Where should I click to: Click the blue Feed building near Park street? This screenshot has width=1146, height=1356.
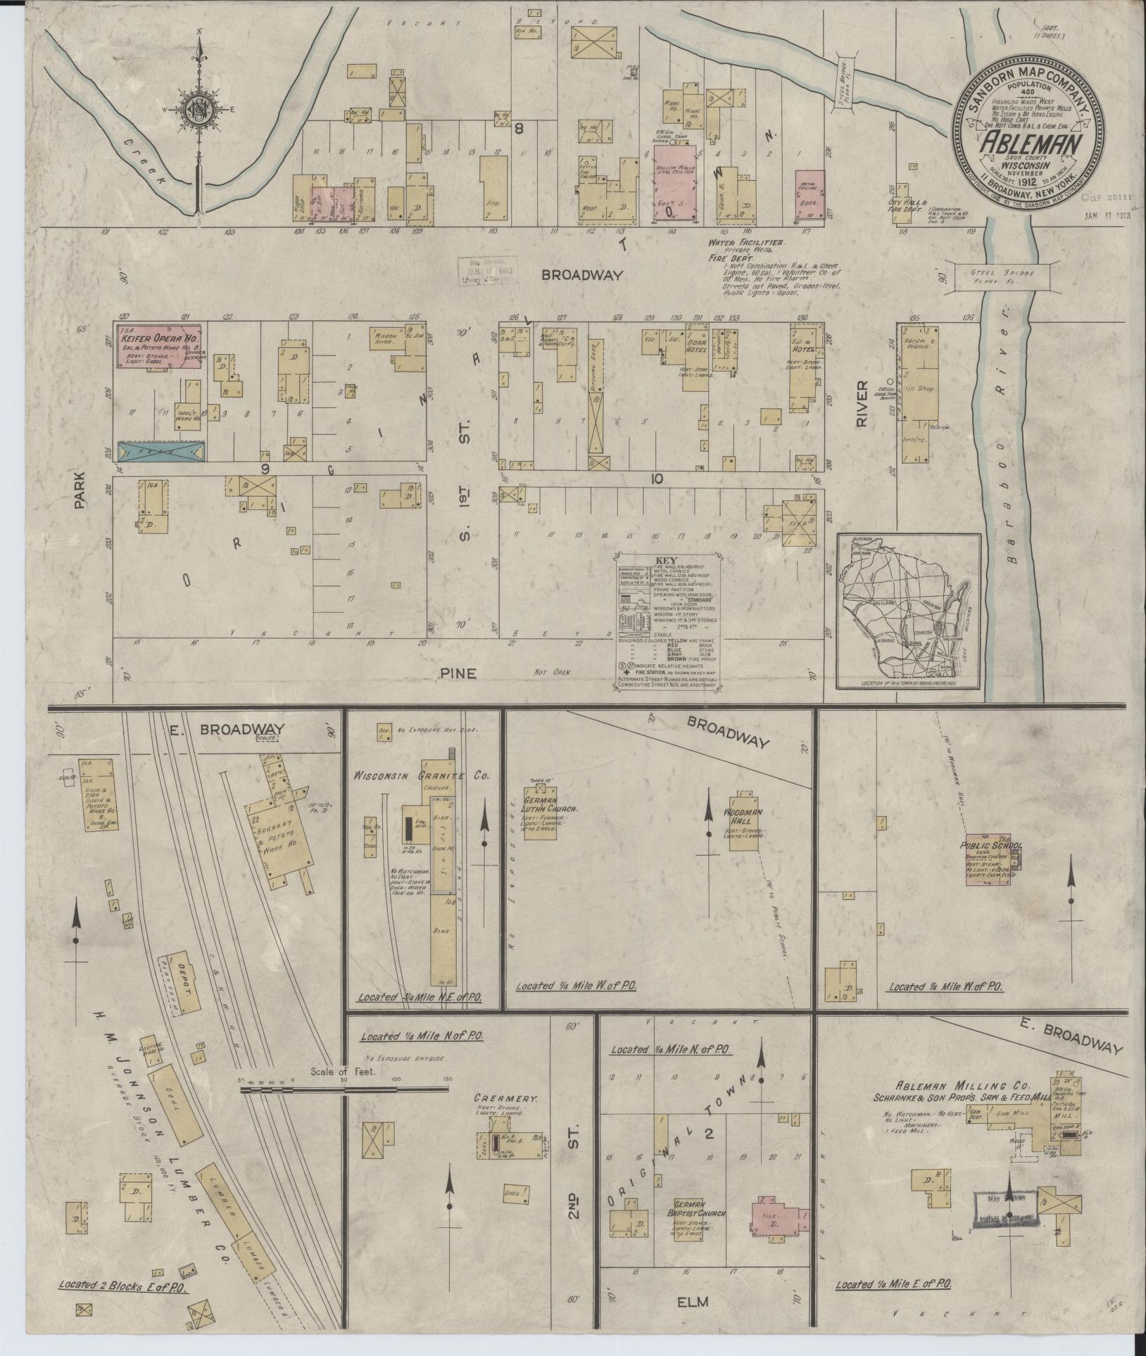coord(161,451)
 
